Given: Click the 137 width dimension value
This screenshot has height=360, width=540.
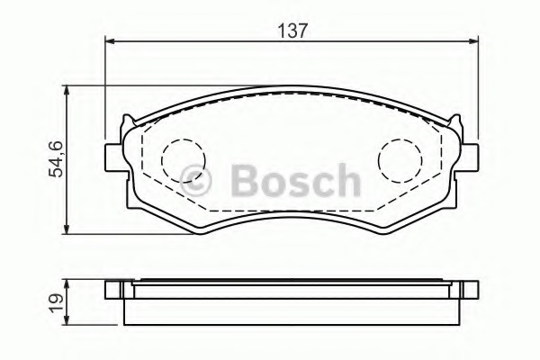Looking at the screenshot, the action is click(292, 31).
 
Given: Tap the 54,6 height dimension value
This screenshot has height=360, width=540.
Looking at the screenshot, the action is click(56, 159).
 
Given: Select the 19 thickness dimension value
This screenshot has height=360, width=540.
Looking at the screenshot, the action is click(56, 302).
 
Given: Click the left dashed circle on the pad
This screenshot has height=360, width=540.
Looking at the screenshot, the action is click(183, 160).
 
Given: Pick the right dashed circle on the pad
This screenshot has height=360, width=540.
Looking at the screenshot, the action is click(400, 160).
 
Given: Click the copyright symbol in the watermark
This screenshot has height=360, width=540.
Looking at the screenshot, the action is click(195, 181).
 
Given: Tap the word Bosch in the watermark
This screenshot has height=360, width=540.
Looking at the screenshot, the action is click(296, 180).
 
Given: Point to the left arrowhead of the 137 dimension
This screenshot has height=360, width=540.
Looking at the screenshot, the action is click(110, 41).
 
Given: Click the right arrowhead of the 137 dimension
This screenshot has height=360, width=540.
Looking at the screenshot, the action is click(473, 41).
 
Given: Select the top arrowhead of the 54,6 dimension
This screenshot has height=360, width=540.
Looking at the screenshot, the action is click(67, 91).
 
